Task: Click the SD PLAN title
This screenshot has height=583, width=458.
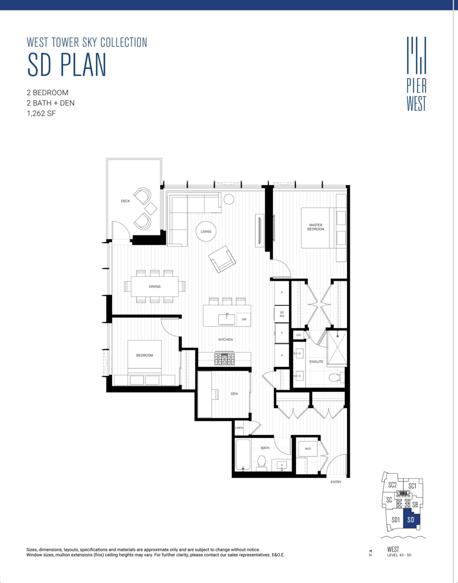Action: pyautogui.click(x=67, y=66)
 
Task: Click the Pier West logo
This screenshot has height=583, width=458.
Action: pyautogui.click(x=416, y=74)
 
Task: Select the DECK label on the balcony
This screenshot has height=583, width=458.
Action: pyautogui.click(x=125, y=201)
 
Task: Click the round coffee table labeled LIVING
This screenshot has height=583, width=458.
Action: pyautogui.click(x=206, y=231)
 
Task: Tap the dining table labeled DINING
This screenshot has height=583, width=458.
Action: pyautogui.click(x=154, y=287)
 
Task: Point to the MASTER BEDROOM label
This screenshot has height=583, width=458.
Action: pyautogui.click(x=316, y=226)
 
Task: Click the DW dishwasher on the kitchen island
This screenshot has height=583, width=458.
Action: pyautogui.click(x=244, y=319)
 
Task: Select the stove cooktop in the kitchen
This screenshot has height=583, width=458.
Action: pyautogui.click(x=225, y=359)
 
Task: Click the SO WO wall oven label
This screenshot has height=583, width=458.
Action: pyautogui.click(x=282, y=314)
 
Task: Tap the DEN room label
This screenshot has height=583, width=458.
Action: pyautogui.click(x=234, y=394)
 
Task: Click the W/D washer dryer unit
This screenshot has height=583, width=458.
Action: pyautogui.click(x=308, y=449)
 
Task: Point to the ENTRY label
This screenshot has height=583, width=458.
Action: pyautogui.click(x=336, y=482)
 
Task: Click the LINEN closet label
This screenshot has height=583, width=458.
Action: pyautogui.click(x=239, y=428)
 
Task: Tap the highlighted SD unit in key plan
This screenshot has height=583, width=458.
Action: pyautogui.click(x=410, y=520)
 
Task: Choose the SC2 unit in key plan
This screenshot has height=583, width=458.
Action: pyautogui.click(x=392, y=485)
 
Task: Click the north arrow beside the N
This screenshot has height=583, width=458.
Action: pyautogui.click(x=371, y=550)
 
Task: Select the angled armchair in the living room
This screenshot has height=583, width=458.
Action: pyautogui.click(x=222, y=258)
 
